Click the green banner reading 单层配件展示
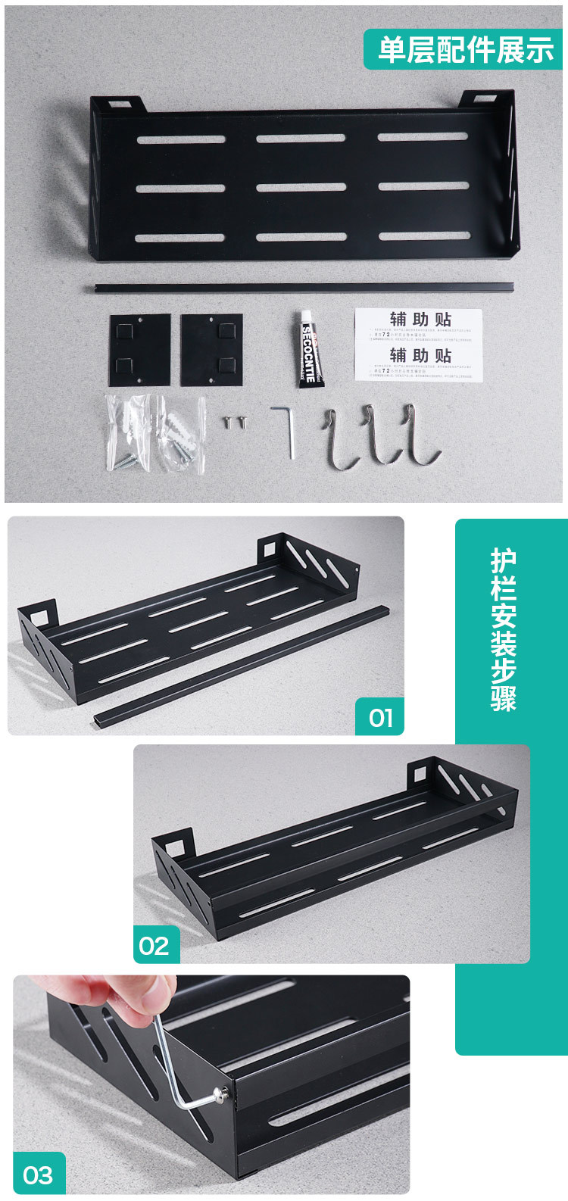click(x=463, y=50)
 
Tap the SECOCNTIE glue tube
click(x=310, y=348)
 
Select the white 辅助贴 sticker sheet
click(x=419, y=345)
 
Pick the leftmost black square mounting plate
click(x=139, y=350)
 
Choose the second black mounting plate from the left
click(x=211, y=350)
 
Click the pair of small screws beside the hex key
click(x=236, y=421)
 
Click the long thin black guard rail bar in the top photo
click(x=303, y=287)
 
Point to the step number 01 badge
click(x=380, y=717)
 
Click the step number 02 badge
click(x=155, y=945)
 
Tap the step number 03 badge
click(x=39, y=1174)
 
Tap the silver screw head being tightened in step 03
click(x=223, y=1092)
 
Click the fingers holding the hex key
click(x=129, y=991)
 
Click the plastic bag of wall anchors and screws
click(x=155, y=435)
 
